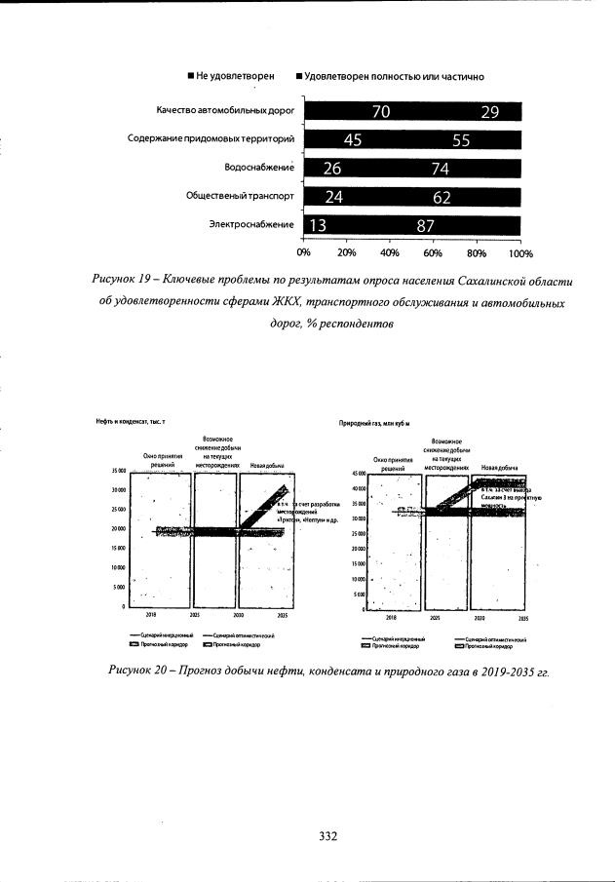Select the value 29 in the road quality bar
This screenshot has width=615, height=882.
(x=489, y=112)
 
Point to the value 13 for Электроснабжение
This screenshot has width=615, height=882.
(x=317, y=225)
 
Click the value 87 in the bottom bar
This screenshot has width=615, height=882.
(x=425, y=225)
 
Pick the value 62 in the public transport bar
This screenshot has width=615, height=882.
(x=442, y=197)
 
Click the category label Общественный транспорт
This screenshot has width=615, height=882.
(x=240, y=196)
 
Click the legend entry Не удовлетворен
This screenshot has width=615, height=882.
(x=230, y=75)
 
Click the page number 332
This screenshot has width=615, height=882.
(x=327, y=836)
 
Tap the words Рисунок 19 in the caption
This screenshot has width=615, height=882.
(x=121, y=280)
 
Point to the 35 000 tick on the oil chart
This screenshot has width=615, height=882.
(x=116, y=470)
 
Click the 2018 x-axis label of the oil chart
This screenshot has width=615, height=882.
(x=151, y=616)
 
